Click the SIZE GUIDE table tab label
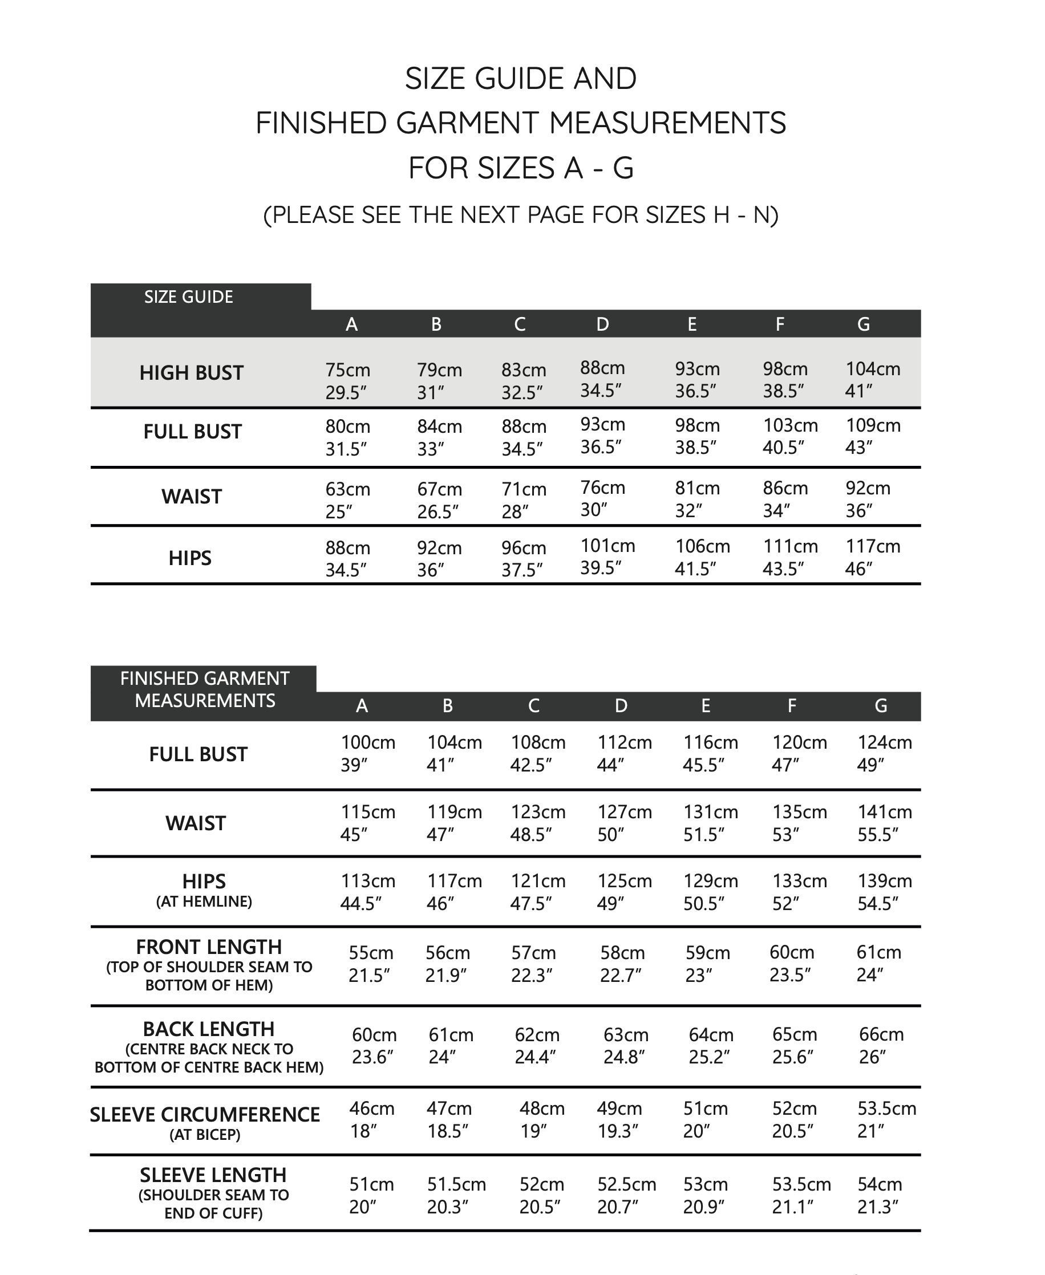point(188,297)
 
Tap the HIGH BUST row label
point(192,373)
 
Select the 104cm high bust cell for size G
point(873,380)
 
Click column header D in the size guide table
point(602,325)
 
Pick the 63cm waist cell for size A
point(348,500)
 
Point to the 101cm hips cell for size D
point(607,557)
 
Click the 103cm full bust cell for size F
point(790,436)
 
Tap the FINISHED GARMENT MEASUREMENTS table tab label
point(205,689)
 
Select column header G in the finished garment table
point(881,706)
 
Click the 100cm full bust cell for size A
point(368,753)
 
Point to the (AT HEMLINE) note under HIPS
point(204,902)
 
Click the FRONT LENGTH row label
point(209,947)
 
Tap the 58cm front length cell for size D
point(622,964)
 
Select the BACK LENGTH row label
point(209,1029)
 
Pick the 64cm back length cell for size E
point(711,1046)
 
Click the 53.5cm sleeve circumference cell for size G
point(886,1120)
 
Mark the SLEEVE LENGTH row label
point(213,1175)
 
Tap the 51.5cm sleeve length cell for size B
point(456,1196)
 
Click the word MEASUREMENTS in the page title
point(667,123)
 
